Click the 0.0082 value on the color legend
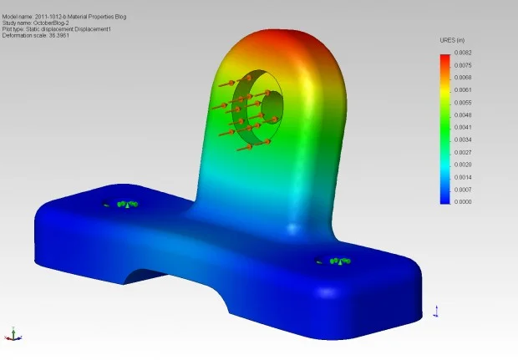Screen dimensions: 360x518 coord(464,53)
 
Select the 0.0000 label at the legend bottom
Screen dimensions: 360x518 coord(464,201)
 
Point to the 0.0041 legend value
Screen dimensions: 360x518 coord(464,127)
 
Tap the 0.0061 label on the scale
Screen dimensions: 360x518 coord(464,89)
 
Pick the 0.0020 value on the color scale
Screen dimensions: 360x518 coord(464,165)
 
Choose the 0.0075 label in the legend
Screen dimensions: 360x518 coord(464,65)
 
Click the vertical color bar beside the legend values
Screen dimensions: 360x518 coord(445,127)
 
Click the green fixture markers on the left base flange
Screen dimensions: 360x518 coord(125,204)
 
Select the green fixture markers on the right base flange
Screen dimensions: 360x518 coord(337,261)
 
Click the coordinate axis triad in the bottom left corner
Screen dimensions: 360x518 coord(12,333)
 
